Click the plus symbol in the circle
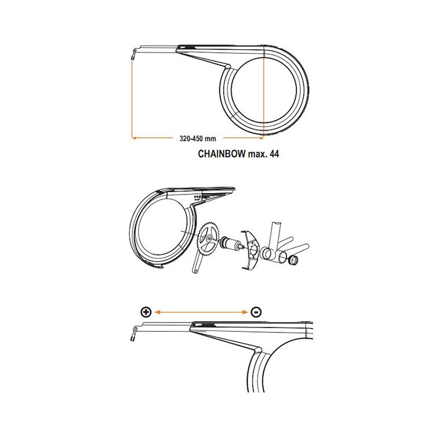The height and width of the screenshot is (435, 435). [x=146, y=312]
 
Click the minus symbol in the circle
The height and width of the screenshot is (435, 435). [x=256, y=312]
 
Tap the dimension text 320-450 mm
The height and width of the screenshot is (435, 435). [x=198, y=139]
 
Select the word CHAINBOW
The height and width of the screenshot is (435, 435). [x=222, y=153]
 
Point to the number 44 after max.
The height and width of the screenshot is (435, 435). [x=274, y=153]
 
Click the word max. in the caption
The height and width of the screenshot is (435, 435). [x=257, y=154]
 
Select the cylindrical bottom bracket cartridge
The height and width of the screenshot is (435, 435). [x=231, y=243]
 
